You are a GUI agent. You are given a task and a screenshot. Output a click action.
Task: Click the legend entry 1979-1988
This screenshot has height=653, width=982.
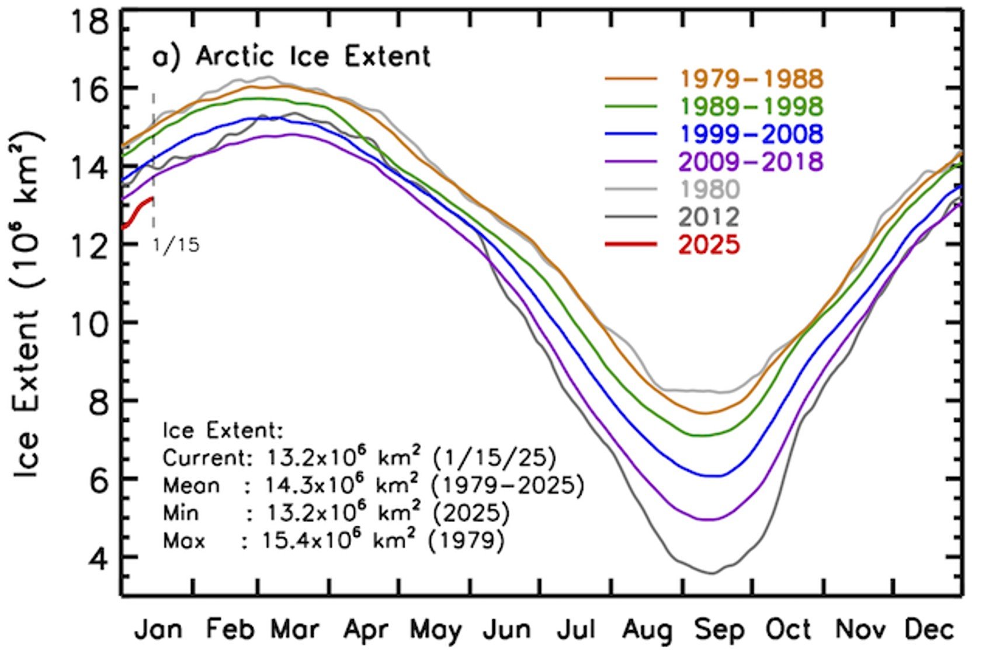pos(751,78)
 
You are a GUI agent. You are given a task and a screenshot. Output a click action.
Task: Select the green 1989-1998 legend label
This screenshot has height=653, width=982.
pos(751,106)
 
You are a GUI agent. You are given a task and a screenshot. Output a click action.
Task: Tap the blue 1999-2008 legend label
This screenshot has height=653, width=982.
pos(751,134)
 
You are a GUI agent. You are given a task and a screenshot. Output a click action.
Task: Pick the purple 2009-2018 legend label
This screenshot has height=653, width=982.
pos(751,161)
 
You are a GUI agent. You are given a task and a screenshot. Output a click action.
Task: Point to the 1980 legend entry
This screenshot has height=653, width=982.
pos(709,189)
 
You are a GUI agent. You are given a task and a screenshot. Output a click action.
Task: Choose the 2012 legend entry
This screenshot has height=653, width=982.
pos(709,217)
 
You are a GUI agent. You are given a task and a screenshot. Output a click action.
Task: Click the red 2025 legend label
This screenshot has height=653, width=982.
pos(709,244)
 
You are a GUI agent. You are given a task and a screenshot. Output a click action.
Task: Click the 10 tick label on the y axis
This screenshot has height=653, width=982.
pos(89,322)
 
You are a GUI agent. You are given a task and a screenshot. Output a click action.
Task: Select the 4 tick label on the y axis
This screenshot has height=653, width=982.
pos(97,557)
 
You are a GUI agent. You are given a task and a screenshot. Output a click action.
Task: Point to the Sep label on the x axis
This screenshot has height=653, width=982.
pos(719,630)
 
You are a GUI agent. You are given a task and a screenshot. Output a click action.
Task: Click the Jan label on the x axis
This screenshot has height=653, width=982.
pos(158,630)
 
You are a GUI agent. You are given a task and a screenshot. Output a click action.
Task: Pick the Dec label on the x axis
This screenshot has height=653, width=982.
pos(929,630)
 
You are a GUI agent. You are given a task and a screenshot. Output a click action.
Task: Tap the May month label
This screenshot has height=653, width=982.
pos(436,630)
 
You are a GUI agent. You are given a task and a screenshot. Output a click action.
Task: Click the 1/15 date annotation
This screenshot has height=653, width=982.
pos(176,245)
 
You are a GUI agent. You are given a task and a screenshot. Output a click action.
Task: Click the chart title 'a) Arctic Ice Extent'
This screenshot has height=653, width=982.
pos(291,57)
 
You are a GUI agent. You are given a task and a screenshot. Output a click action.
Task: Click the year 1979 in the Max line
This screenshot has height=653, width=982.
pos(466,541)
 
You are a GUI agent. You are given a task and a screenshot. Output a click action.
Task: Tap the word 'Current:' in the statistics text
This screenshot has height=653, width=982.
pos(206,458)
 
